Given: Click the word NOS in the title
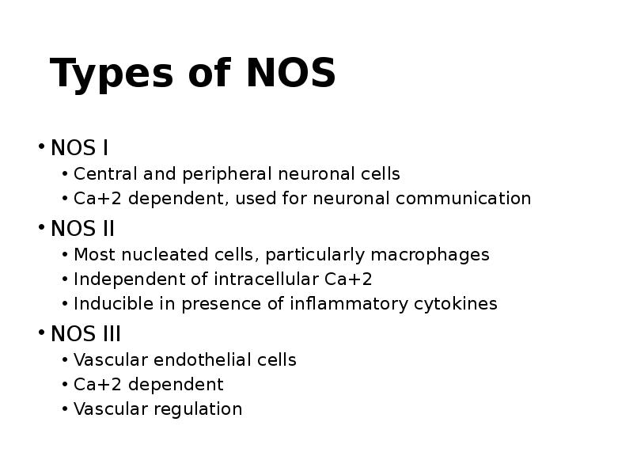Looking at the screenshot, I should click(x=290, y=74).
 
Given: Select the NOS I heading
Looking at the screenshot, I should click(x=79, y=148).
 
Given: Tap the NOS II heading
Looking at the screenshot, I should click(x=82, y=229).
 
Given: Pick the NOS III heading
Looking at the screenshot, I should click(x=85, y=334).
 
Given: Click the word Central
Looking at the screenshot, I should click(x=102, y=173).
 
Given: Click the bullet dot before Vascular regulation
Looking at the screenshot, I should click(x=64, y=409).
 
